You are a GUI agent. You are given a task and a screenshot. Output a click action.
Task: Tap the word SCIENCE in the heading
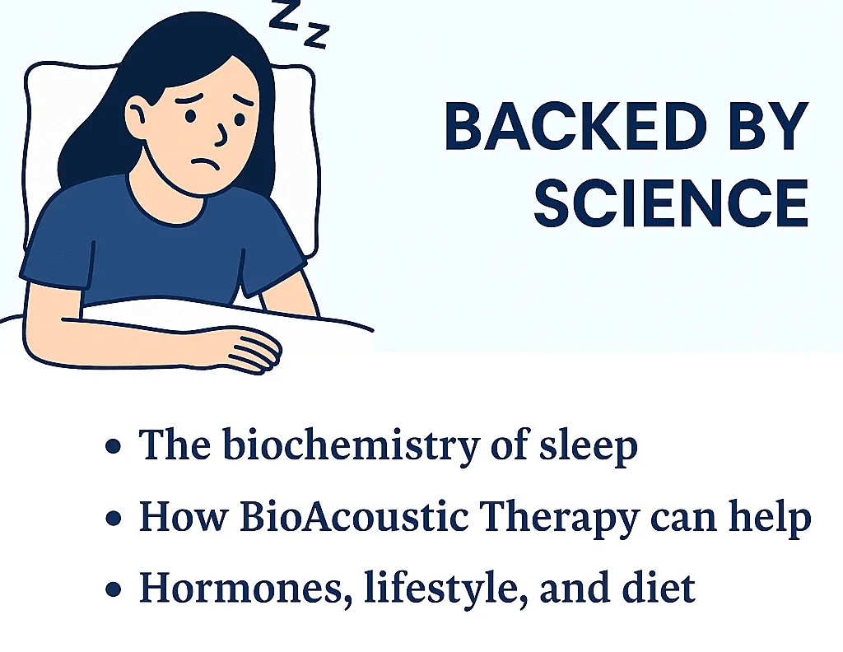tap(671, 203)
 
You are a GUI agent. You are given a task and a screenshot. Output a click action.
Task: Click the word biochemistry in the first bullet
tap(351, 447)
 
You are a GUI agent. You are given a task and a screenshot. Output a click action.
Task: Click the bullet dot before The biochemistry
tap(113, 446)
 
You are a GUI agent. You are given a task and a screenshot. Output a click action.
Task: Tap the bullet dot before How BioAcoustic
tap(113, 518)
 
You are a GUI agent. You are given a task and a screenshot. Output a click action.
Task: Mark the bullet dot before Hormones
tap(113, 589)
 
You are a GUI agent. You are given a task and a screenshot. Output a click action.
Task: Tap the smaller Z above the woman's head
tap(317, 35)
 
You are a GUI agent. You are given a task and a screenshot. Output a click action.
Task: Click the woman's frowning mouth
tap(206, 163)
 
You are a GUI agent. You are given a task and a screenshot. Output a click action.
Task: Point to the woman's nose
tap(221, 134)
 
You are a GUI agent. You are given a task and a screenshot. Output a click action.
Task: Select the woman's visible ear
tap(137, 117)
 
